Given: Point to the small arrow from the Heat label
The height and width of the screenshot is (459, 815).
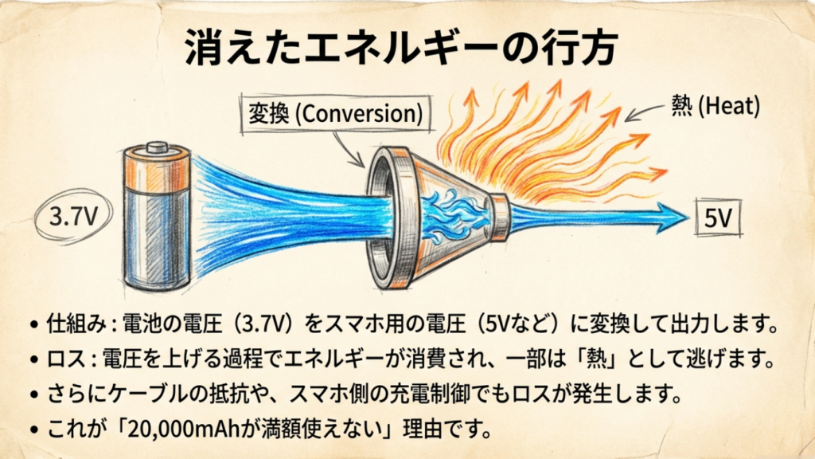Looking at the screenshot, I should point(641,113).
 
